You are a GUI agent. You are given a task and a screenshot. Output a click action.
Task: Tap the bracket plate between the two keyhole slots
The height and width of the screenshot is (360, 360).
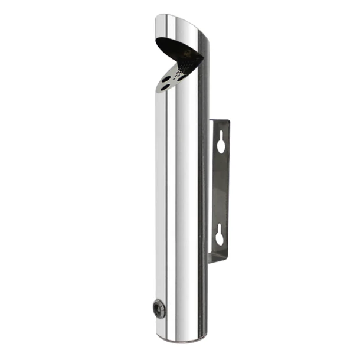click(x=221, y=189)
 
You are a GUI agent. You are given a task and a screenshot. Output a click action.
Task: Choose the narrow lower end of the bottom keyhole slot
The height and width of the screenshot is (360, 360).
click(x=221, y=241)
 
